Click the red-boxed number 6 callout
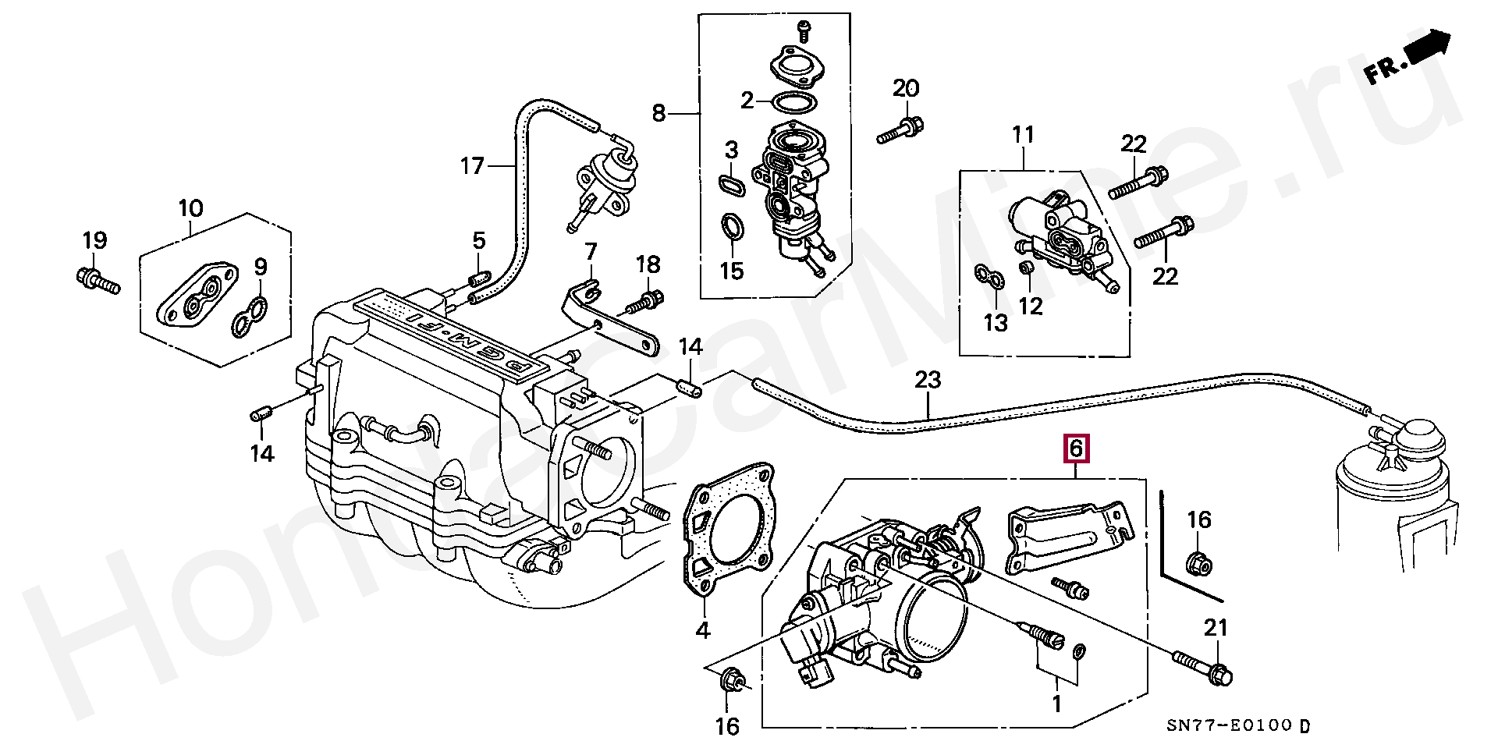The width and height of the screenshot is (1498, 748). click(1075, 448)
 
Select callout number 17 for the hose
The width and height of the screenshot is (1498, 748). click(472, 165)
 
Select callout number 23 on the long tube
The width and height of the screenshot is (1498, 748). click(928, 381)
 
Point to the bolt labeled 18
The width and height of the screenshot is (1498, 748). click(647, 300)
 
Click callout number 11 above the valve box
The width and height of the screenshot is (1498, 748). click(1023, 136)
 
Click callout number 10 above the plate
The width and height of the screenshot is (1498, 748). click(191, 208)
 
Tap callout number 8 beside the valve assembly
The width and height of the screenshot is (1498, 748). click(658, 114)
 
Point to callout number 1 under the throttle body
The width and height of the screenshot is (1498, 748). click(1056, 704)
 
